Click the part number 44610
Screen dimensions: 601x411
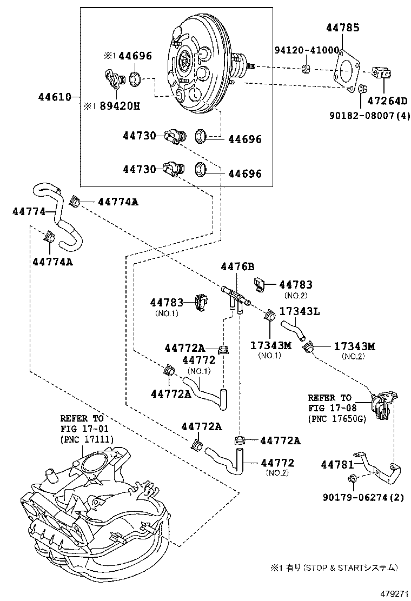pyautogui.click(x=54, y=97)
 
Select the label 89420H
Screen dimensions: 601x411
pyautogui.click(x=119, y=105)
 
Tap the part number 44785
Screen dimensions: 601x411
pyautogui.click(x=343, y=28)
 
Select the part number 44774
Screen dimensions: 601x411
pyautogui.click(x=29, y=211)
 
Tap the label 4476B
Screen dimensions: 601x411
pyautogui.click(x=237, y=266)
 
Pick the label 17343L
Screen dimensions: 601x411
pyautogui.click(x=300, y=311)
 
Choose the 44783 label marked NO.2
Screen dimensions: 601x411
pyautogui.click(x=296, y=284)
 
